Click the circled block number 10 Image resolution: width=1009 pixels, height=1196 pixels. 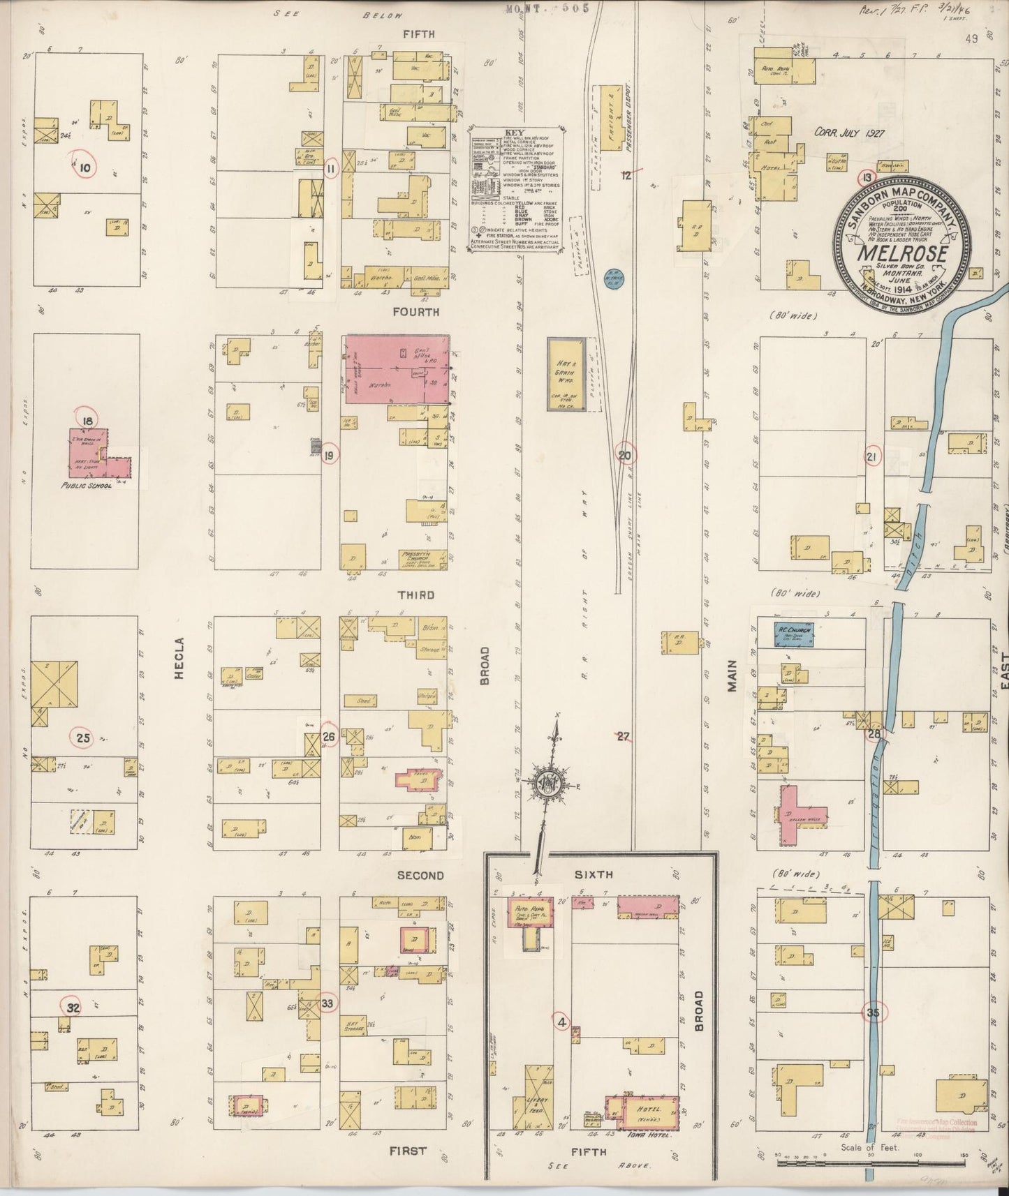(x=85, y=167)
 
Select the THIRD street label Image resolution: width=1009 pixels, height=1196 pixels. (x=417, y=595)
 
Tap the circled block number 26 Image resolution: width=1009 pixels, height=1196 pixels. (x=329, y=737)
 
